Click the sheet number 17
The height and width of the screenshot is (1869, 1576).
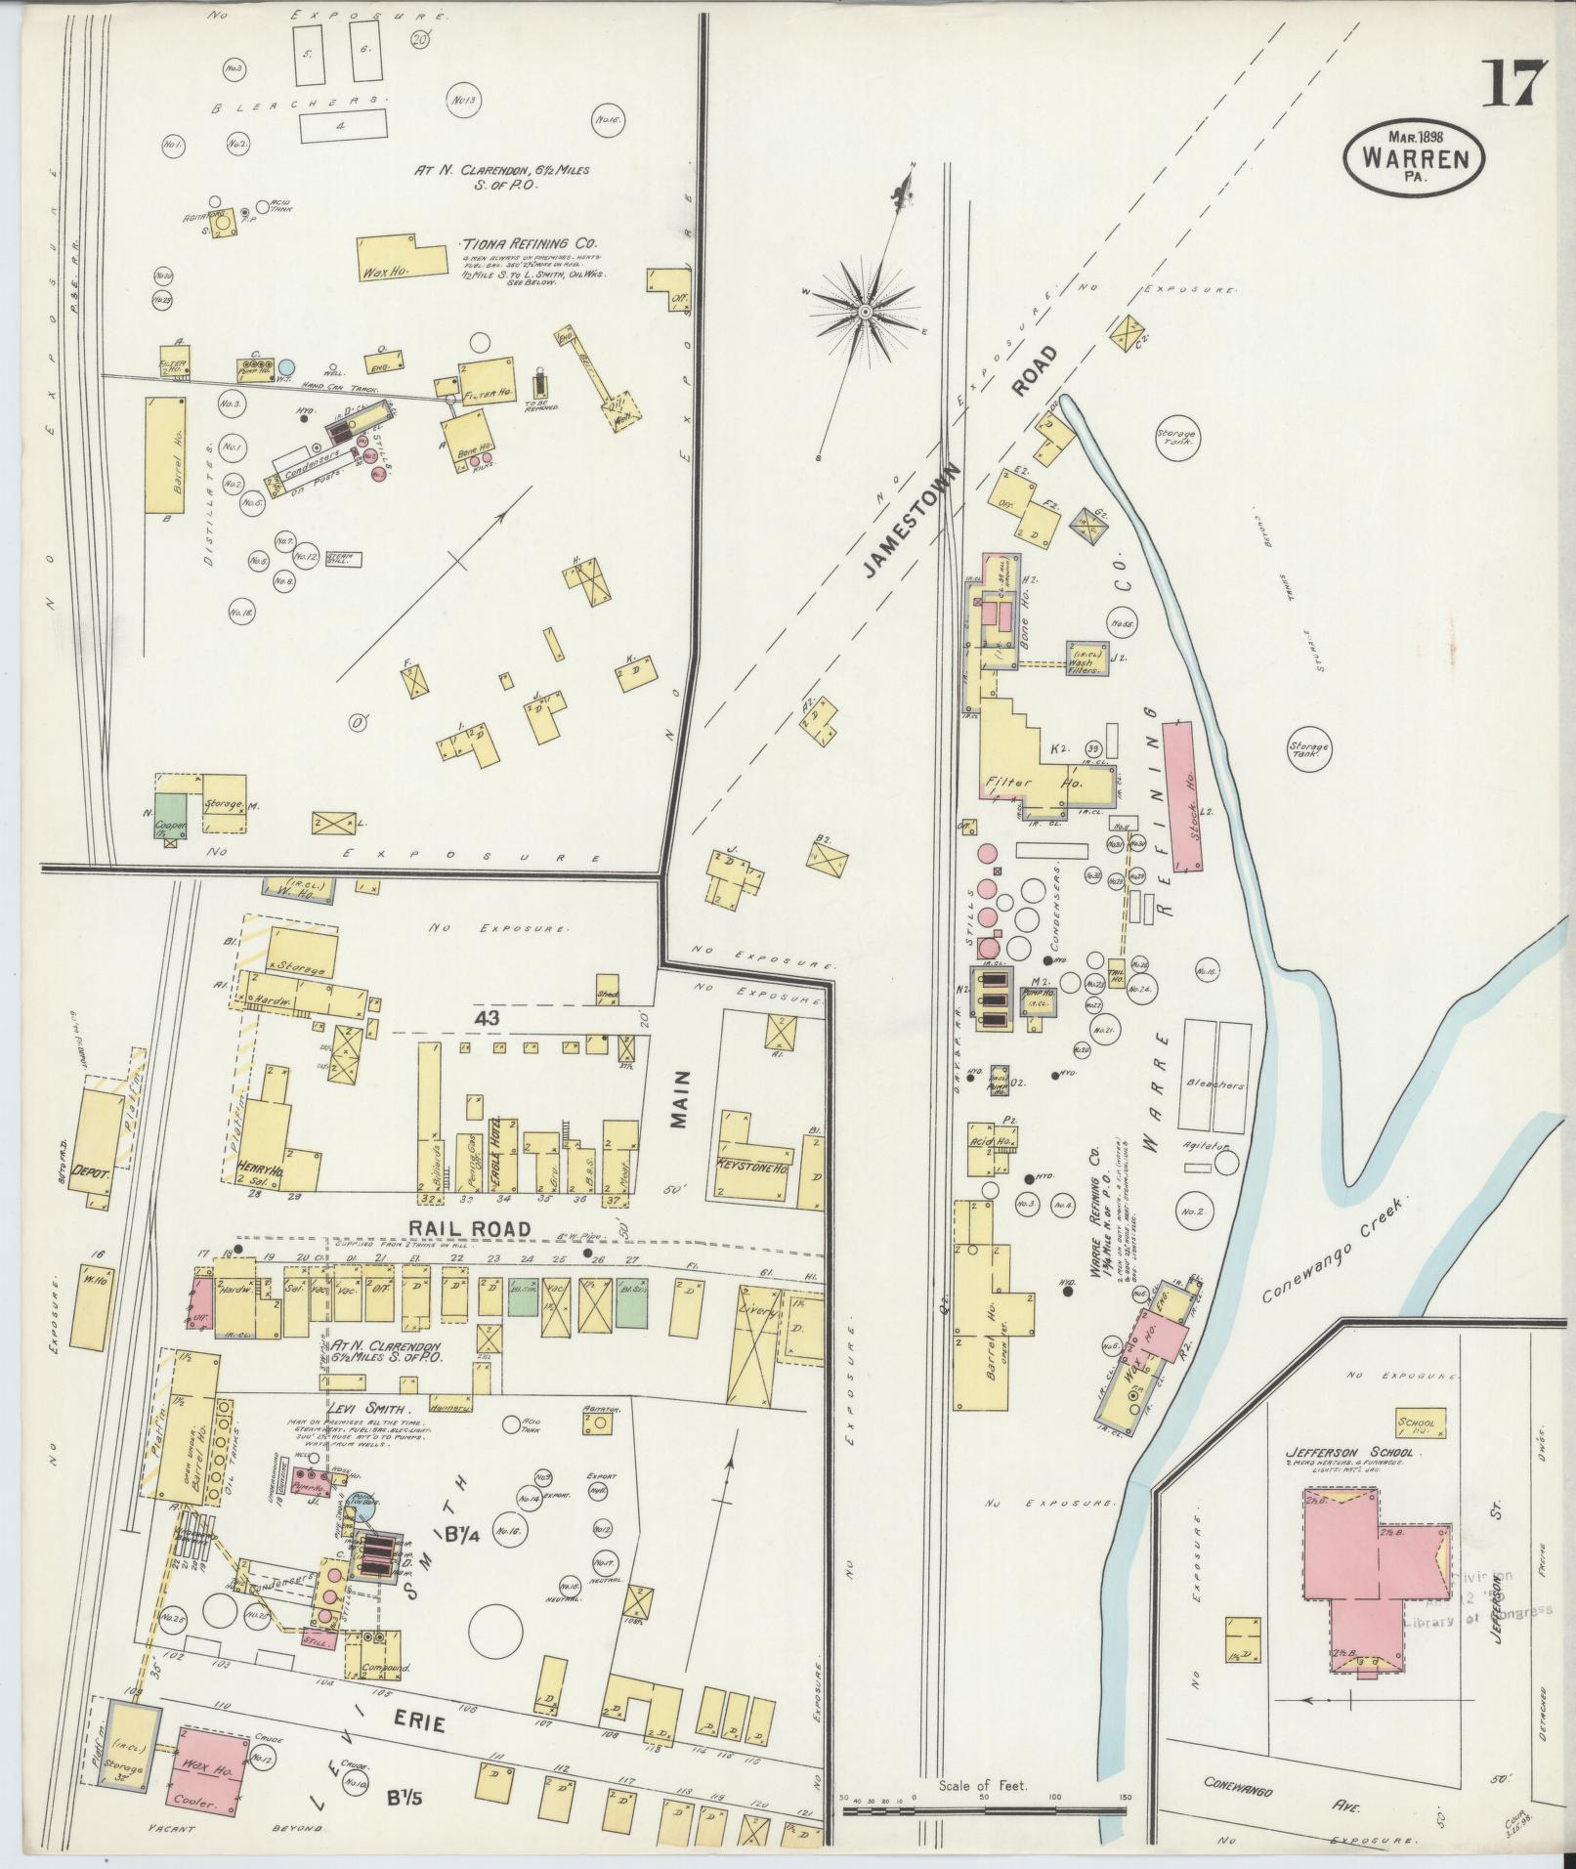click(1515, 85)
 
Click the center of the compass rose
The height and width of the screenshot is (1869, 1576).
click(866, 312)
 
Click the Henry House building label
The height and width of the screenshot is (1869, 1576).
click(260, 1167)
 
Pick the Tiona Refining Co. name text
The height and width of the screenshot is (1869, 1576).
click(531, 244)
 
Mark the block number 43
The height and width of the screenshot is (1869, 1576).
click(489, 1017)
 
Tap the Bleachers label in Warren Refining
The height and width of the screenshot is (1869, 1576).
click(1214, 1085)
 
